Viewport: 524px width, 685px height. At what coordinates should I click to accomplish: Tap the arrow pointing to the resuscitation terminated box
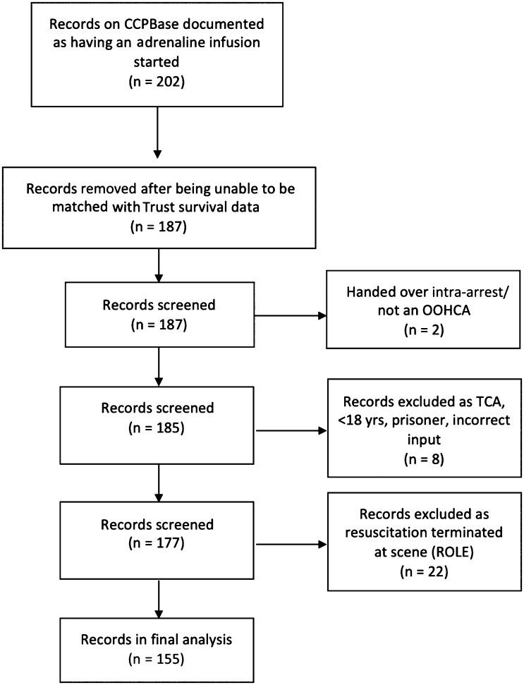pyautogui.click(x=292, y=545)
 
